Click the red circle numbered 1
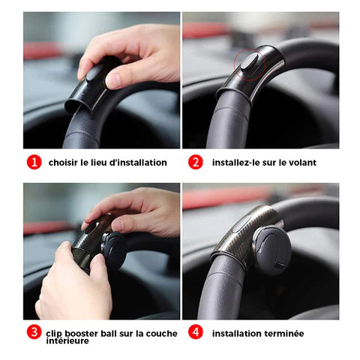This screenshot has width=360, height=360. coord(34,162)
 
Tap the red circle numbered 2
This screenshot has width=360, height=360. coord(196,162)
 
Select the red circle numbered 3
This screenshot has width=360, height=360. coord(34,331)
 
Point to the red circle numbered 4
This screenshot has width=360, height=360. coord(196,331)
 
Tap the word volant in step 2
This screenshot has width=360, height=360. coord(302,163)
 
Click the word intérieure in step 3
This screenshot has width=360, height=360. coord(67,340)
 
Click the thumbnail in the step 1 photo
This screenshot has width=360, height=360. coord(115,79)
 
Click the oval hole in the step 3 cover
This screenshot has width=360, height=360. coord(94,226)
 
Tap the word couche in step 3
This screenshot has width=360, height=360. coord(161,333)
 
